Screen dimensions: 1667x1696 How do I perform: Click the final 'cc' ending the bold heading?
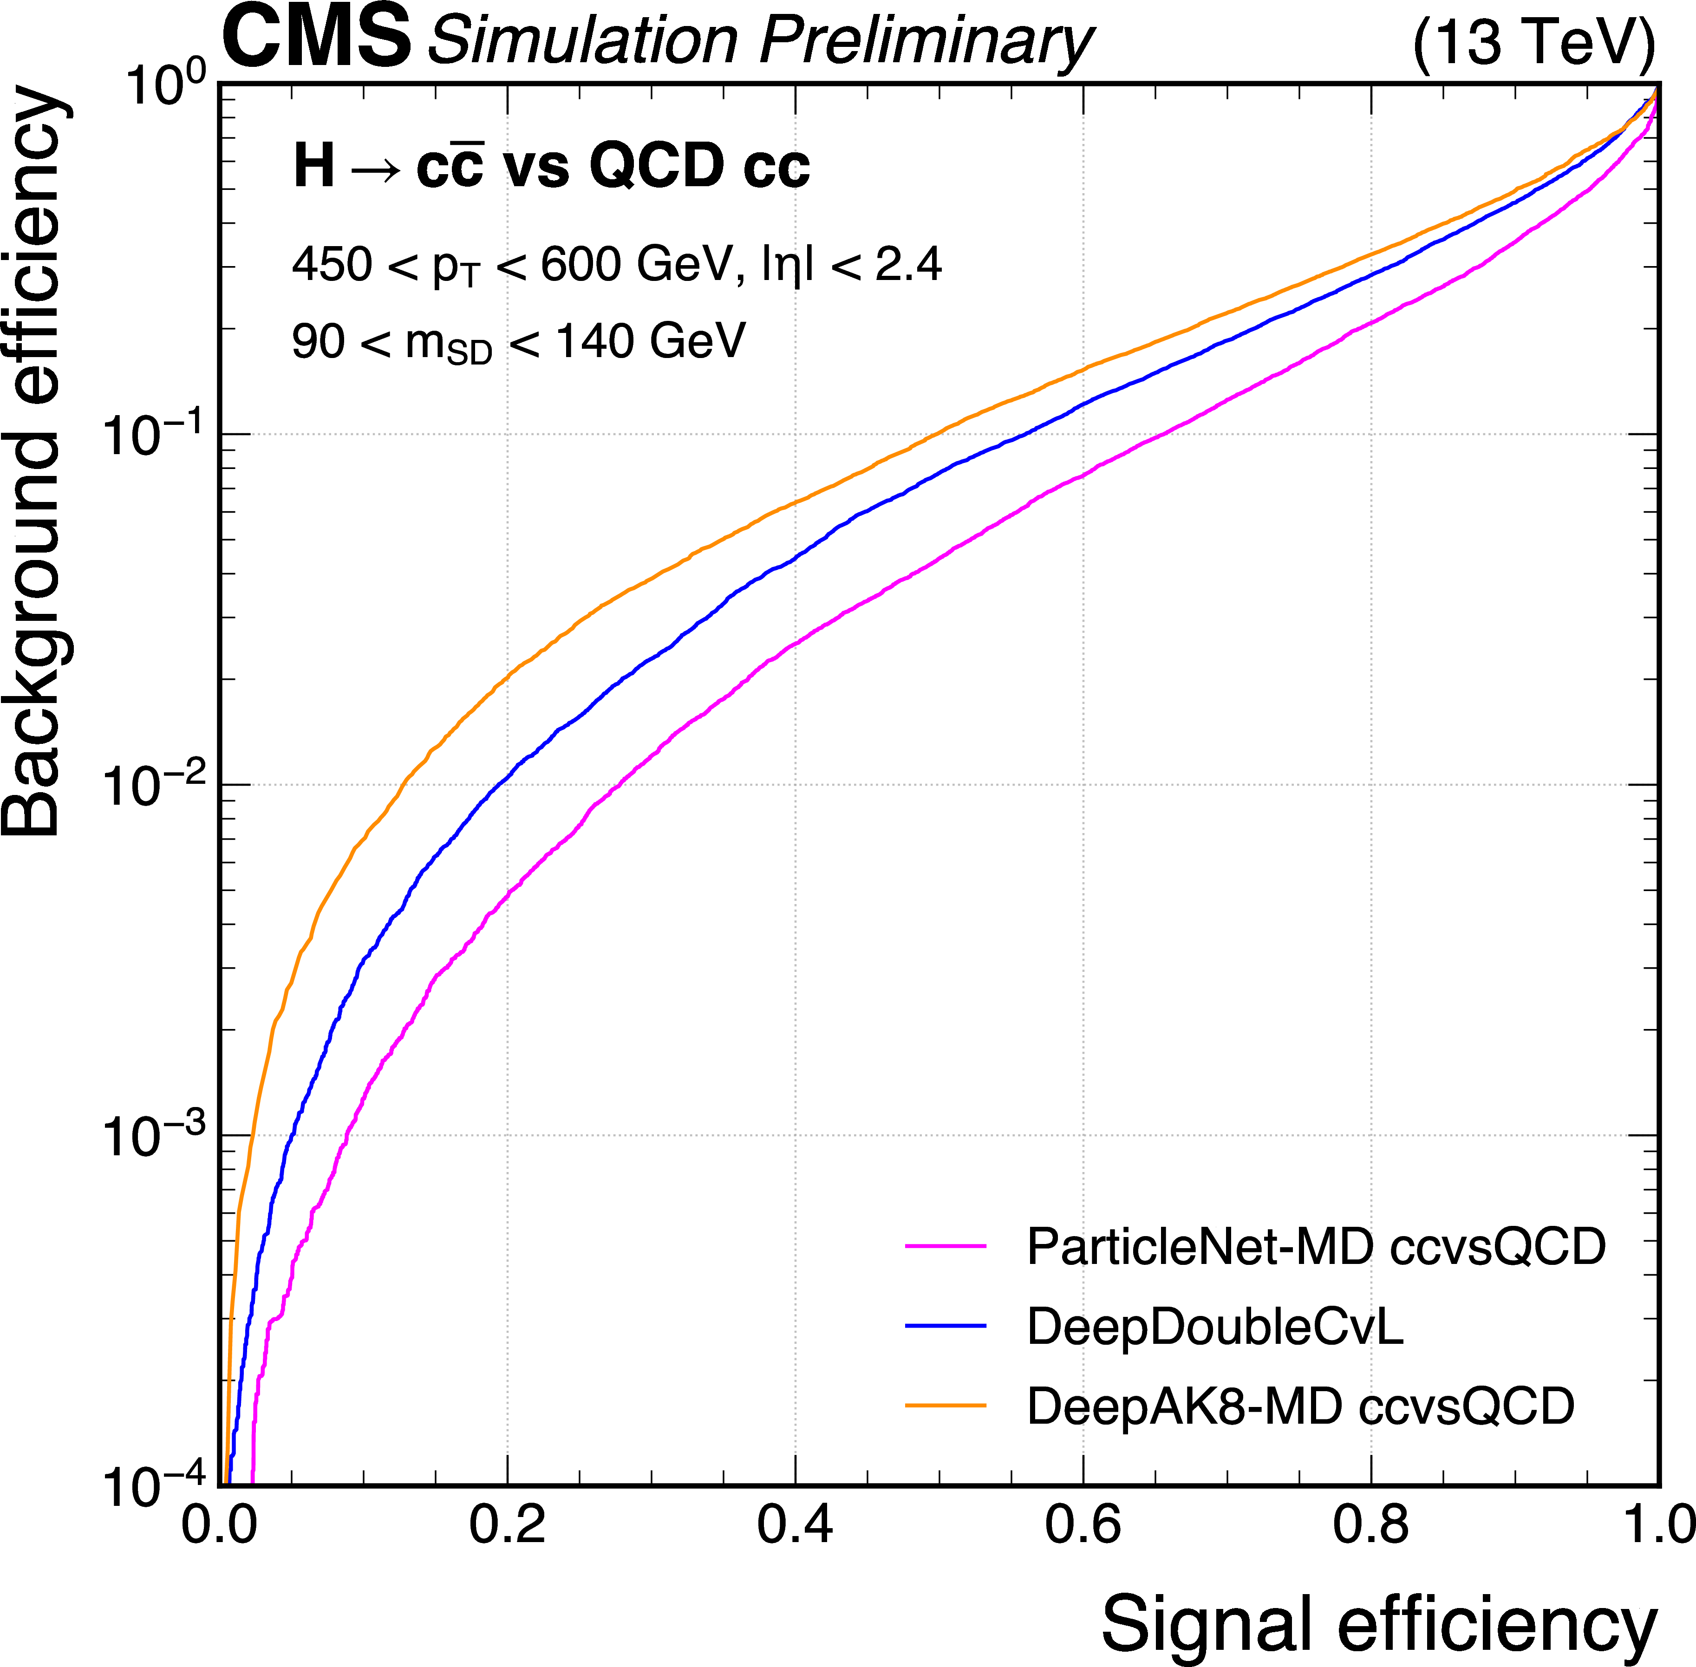(x=776, y=167)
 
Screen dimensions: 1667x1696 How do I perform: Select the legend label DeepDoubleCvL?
(x=1214, y=1327)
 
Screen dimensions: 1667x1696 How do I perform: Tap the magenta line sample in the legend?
(x=946, y=1246)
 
